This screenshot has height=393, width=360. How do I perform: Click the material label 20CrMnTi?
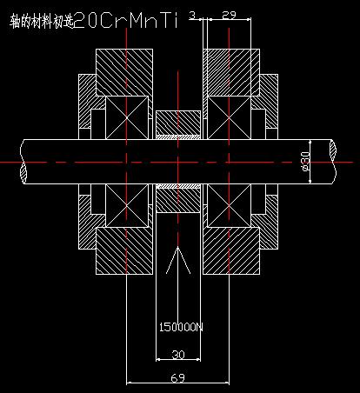[127, 21]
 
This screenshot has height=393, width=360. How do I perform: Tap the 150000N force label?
[181, 328]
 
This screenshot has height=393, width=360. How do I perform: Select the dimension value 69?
[177, 378]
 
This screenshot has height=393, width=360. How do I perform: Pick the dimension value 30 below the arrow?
[178, 355]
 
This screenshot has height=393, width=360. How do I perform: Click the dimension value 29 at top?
[229, 15]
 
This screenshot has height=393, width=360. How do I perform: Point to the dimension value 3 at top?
[192, 15]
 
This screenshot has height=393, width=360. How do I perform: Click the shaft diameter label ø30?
[306, 161]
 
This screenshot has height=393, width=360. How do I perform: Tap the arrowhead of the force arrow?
[178, 247]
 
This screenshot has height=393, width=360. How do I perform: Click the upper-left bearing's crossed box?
[127, 117]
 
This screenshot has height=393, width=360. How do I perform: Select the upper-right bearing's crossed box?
[229, 117]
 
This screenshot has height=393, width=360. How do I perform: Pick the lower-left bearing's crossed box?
[127, 205]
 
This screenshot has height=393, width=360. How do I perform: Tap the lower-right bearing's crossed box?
[229, 205]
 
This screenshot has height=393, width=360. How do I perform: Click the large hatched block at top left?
[124, 72]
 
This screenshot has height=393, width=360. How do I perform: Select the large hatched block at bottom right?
[231, 250]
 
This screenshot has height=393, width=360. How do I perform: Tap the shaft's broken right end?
[333, 161]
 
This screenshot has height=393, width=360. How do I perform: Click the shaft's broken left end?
[23, 161]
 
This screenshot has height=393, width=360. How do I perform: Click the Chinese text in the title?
[42, 22]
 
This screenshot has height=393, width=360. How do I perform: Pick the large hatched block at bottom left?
[124, 250]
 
